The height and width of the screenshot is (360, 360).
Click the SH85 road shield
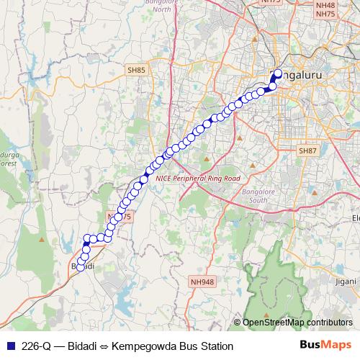(136, 70)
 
